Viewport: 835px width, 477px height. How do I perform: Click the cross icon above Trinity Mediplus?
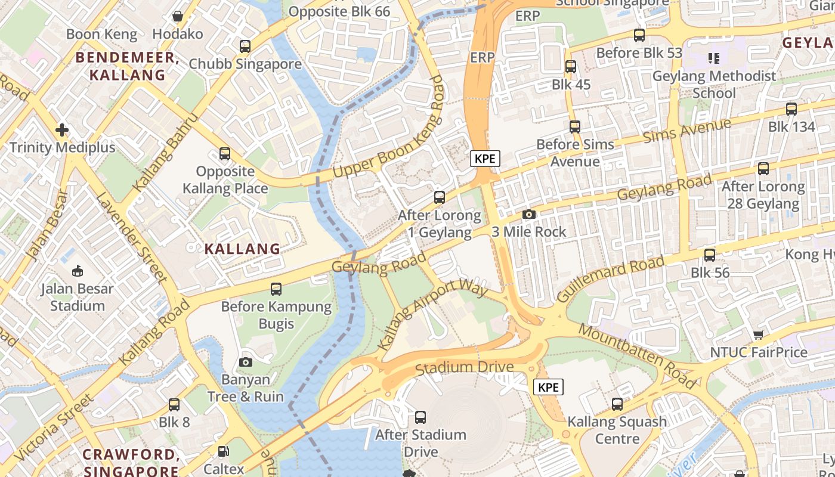62,130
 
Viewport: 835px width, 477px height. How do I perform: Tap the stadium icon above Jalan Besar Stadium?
78,271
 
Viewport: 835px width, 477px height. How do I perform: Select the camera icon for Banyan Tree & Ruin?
245,362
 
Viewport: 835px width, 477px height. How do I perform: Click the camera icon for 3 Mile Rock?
528,215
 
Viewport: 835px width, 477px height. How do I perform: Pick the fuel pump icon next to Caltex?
223,452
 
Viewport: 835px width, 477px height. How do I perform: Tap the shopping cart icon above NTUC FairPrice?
758,335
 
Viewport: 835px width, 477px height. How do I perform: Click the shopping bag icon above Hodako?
177,16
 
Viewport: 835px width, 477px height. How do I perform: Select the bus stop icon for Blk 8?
174,405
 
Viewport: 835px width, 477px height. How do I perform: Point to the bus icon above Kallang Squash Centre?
617,404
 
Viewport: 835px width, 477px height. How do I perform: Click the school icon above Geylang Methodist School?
713,58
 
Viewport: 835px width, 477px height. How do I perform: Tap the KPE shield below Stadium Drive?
548,388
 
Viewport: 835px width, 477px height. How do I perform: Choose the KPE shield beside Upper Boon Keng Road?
485,159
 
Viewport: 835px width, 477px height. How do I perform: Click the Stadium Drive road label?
464,367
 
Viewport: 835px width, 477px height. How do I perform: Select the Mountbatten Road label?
636,356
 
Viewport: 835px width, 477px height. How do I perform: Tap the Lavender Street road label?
131,237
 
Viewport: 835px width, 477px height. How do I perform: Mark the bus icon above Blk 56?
709,255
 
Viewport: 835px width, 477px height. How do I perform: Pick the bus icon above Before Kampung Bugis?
276,289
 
